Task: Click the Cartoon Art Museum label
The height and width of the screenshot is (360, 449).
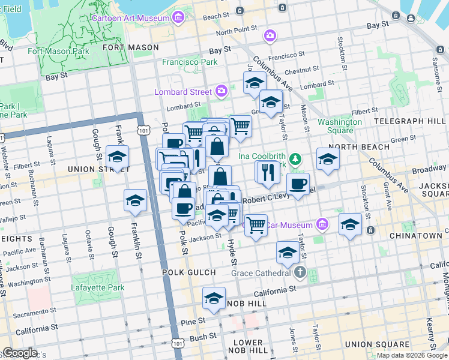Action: [x=130, y=18]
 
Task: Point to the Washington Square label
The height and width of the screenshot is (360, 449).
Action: [x=340, y=126]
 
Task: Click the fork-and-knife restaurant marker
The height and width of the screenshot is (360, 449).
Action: [x=267, y=172]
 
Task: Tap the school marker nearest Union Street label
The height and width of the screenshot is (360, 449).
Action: [x=117, y=157]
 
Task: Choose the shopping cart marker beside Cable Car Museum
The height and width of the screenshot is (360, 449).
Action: [x=256, y=226]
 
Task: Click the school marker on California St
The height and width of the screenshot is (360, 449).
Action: [x=214, y=299]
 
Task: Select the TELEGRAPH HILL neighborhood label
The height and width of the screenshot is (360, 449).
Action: [x=410, y=121]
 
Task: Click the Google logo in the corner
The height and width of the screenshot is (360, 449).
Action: [x=20, y=353]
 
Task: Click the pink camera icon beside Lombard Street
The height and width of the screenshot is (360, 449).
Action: [x=221, y=91]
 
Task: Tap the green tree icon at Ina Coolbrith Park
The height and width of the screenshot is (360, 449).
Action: [x=295, y=159]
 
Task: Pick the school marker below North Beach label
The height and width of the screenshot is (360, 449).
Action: [x=328, y=159]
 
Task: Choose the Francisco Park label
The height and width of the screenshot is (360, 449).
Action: [x=190, y=61]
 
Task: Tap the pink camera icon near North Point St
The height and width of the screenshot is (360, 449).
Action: [x=270, y=35]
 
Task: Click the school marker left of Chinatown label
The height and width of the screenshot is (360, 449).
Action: [x=350, y=225]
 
